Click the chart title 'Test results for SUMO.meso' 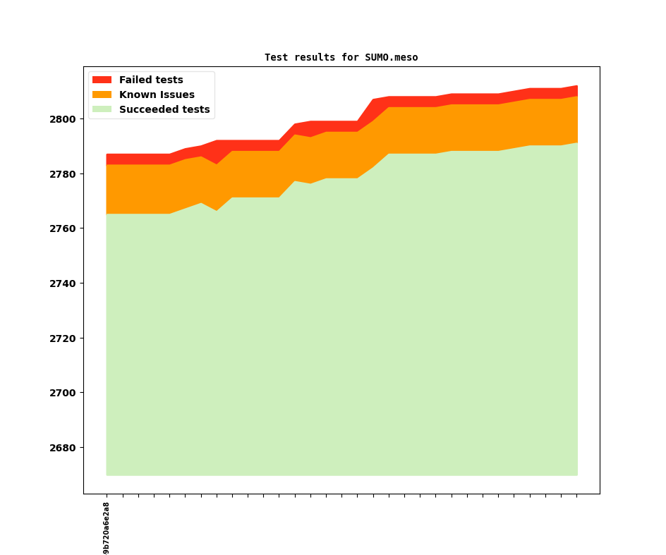tap(341, 57)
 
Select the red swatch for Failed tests tap(102, 80)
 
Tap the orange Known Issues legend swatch tap(102, 94)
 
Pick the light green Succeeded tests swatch tap(102, 109)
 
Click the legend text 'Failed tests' tap(151, 80)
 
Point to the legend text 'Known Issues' tap(157, 94)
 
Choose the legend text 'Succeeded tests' tap(164, 109)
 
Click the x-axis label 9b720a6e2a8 tap(107, 527)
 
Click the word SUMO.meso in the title tap(392, 57)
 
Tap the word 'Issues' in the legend tap(177, 94)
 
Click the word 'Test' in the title tap(276, 57)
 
